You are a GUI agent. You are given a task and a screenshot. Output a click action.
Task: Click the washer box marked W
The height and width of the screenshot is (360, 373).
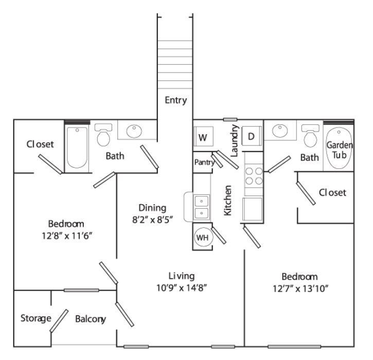point(203,138)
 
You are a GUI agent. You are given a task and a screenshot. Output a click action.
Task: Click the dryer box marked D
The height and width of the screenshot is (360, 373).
point(252,137)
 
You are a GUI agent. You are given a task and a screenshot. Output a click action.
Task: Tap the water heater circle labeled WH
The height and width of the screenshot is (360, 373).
point(201,238)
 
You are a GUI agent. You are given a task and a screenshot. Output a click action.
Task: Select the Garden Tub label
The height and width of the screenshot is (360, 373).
point(340,150)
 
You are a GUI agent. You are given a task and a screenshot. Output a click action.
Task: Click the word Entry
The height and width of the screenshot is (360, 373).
point(175,100)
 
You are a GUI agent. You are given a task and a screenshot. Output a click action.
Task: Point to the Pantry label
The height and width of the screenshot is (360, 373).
point(203,162)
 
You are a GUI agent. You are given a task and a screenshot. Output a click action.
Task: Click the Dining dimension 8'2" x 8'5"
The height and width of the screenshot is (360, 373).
point(152,220)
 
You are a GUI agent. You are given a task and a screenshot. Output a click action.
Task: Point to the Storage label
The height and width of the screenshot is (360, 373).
point(35,318)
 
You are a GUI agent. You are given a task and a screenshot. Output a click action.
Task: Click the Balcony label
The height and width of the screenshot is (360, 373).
point(91,319)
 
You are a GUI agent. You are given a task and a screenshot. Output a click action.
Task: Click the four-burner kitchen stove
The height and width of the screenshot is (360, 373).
point(254,175)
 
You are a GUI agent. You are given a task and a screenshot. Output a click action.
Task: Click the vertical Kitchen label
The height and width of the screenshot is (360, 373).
point(228,200)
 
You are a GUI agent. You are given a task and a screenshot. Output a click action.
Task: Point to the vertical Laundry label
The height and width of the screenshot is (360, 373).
point(235,140)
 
